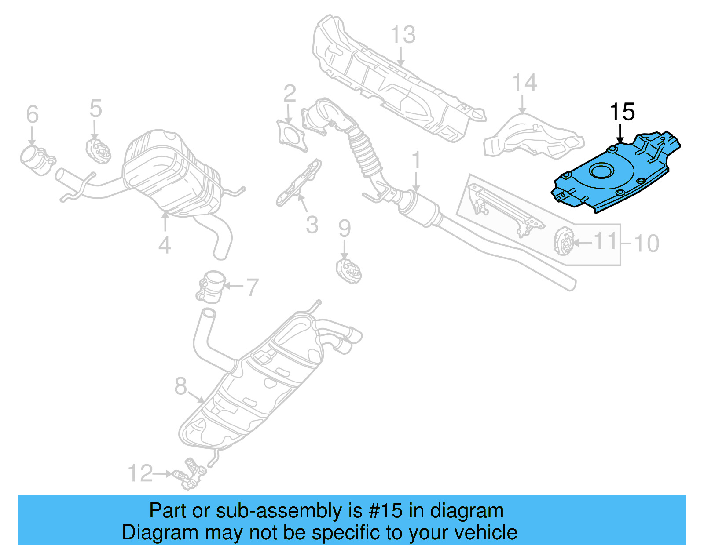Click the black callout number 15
(622, 112)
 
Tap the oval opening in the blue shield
(601, 171)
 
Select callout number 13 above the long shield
(403, 35)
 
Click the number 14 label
(524, 83)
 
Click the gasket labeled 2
(291, 134)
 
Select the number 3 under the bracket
(312, 225)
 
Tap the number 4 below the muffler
(164, 245)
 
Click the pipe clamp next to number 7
(211, 287)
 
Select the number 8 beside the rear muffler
(180, 386)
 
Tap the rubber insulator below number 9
(348, 271)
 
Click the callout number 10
(646, 243)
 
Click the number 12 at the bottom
(140, 473)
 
